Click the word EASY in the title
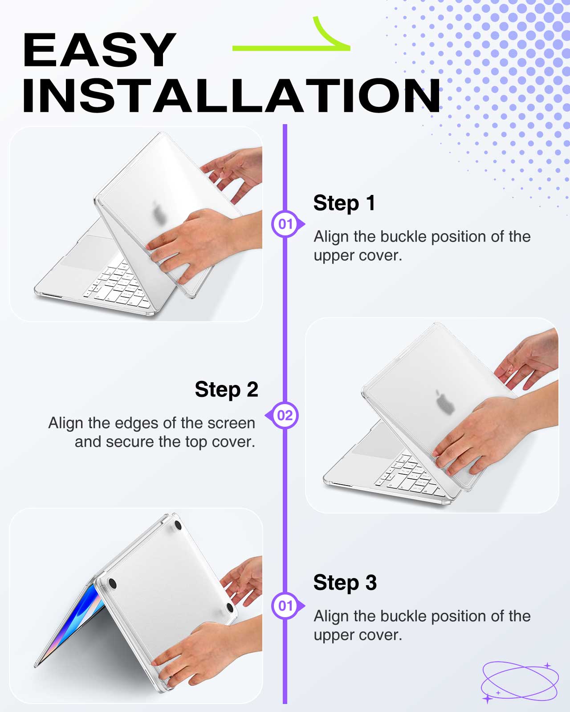tap(99, 50)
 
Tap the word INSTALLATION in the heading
tap(231, 96)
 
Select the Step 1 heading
tap(345, 203)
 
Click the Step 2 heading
tap(227, 389)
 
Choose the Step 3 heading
tap(345, 583)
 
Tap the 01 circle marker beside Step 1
tap(285, 224)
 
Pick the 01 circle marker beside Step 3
tap(285, 606)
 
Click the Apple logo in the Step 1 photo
tap(159, 212)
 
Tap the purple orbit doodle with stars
tap(520, 682)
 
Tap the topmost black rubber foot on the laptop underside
tap(178, 525)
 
